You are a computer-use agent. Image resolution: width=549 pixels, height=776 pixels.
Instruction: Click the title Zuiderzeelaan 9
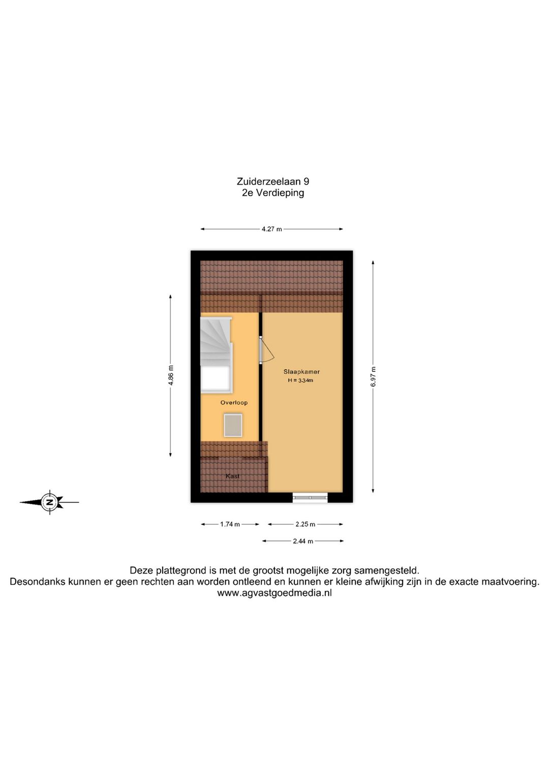pyautogui.click(x=272, y=182)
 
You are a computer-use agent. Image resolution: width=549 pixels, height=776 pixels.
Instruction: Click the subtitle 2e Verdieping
pyautogui.click(x=272, y=193)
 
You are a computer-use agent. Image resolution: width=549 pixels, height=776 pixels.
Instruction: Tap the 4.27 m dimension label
pyautogui.click(x=271, y=229)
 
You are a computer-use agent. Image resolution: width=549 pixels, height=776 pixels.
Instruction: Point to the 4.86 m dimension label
pyautogui.click(x=171, y=375)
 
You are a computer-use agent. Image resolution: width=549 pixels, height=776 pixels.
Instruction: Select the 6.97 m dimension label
pyautogui.click(x=373, y=377)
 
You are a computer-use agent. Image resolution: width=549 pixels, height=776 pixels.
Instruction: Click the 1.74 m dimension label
pyautogui.click(x=230, y=524)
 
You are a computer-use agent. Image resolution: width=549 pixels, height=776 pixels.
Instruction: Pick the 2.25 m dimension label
pyautogui.click(x=305, y=524)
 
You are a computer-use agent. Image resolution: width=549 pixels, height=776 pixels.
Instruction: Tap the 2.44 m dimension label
pyautogui.click(x=302, y=541)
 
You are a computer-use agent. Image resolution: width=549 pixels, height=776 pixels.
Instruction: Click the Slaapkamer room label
pyautogui.click(x=301, y=372)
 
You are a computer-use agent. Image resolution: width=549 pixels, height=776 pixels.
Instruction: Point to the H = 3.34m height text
pyautogui.click(x=300, y=380)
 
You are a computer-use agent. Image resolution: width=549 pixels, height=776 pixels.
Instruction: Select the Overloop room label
pyautogui.click(x=234, y=403)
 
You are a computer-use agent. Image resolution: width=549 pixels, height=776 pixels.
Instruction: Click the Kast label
pyautogui.click(x=232, y=476)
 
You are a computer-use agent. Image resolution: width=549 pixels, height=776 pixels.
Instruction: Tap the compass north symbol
pyautogui.click(x=50, y=502)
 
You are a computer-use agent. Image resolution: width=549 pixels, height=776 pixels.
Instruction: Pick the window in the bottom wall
pyautogui.click(x=310, y=497)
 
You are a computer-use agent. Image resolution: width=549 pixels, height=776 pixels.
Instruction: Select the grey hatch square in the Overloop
pyautogui.click(x=233, y=425)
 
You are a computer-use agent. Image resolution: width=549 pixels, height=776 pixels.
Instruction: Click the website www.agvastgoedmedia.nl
pyautogui.click(x=274, y=593)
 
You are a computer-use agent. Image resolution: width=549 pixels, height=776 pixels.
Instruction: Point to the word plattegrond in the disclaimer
pyautogui.click(x=177, y=571)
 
